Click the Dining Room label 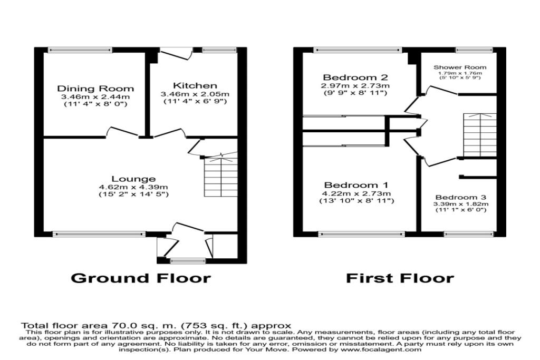coord(95,88)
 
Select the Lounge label coord(133,179)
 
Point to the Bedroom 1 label coord(356,185)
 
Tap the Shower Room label coord(460,67)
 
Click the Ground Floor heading coord(140,278)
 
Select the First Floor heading coord(400,278)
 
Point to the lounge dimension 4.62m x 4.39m coord(133,187)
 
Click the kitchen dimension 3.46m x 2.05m coord(195,94)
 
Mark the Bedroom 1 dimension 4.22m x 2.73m coord(356,193)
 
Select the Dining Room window coord(80,50)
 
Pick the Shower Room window coord(471,50)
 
